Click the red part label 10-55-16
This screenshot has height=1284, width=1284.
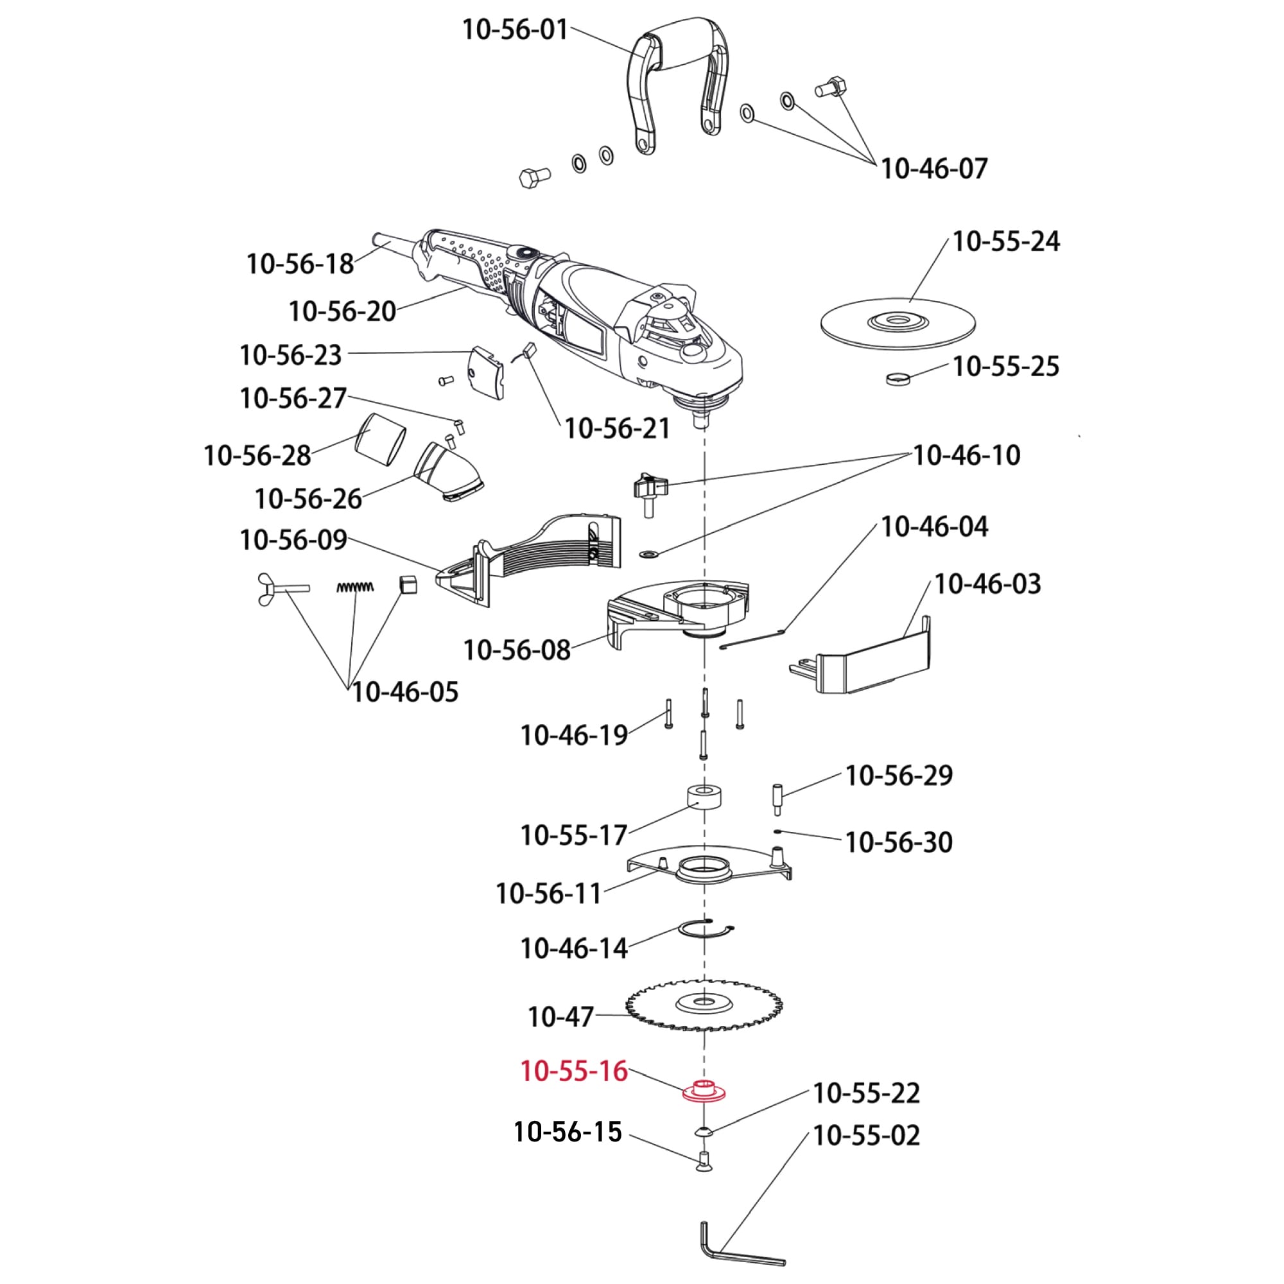point(573,1090)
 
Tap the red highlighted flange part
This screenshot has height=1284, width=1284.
point(704,1110)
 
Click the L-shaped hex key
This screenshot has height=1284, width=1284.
point(741,1253)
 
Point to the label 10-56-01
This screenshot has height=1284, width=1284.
point(515,30)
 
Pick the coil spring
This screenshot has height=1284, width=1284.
point(355,587)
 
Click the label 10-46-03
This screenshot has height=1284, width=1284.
point(987,584)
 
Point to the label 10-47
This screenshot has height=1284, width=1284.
point(560,1017)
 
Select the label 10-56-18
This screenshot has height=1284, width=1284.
point(300,264)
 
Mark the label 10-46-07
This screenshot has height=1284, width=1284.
point(933,168)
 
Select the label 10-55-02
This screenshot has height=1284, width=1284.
point(866,1135)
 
